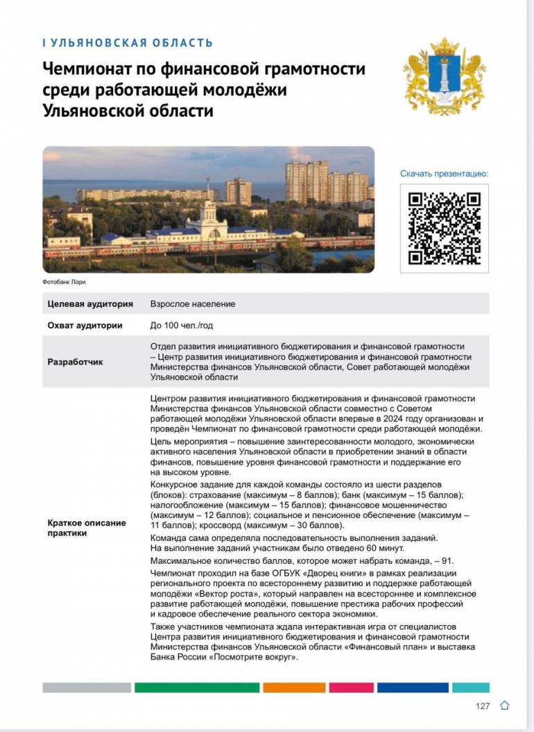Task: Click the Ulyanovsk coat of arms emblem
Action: [444, 77]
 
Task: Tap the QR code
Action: [445, 228]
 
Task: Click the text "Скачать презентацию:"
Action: [445, 174]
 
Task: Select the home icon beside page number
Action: [505, 706]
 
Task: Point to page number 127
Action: [483, 706]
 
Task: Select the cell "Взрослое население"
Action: [193, 303]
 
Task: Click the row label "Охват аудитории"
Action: [85, 325]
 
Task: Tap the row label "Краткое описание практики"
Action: [86, 528]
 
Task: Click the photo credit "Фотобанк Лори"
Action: [64, 282]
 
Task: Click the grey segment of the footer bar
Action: [87, 688]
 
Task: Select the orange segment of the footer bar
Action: [294, 688]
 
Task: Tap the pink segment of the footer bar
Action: [351, 688]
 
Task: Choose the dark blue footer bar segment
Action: [413, 688]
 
